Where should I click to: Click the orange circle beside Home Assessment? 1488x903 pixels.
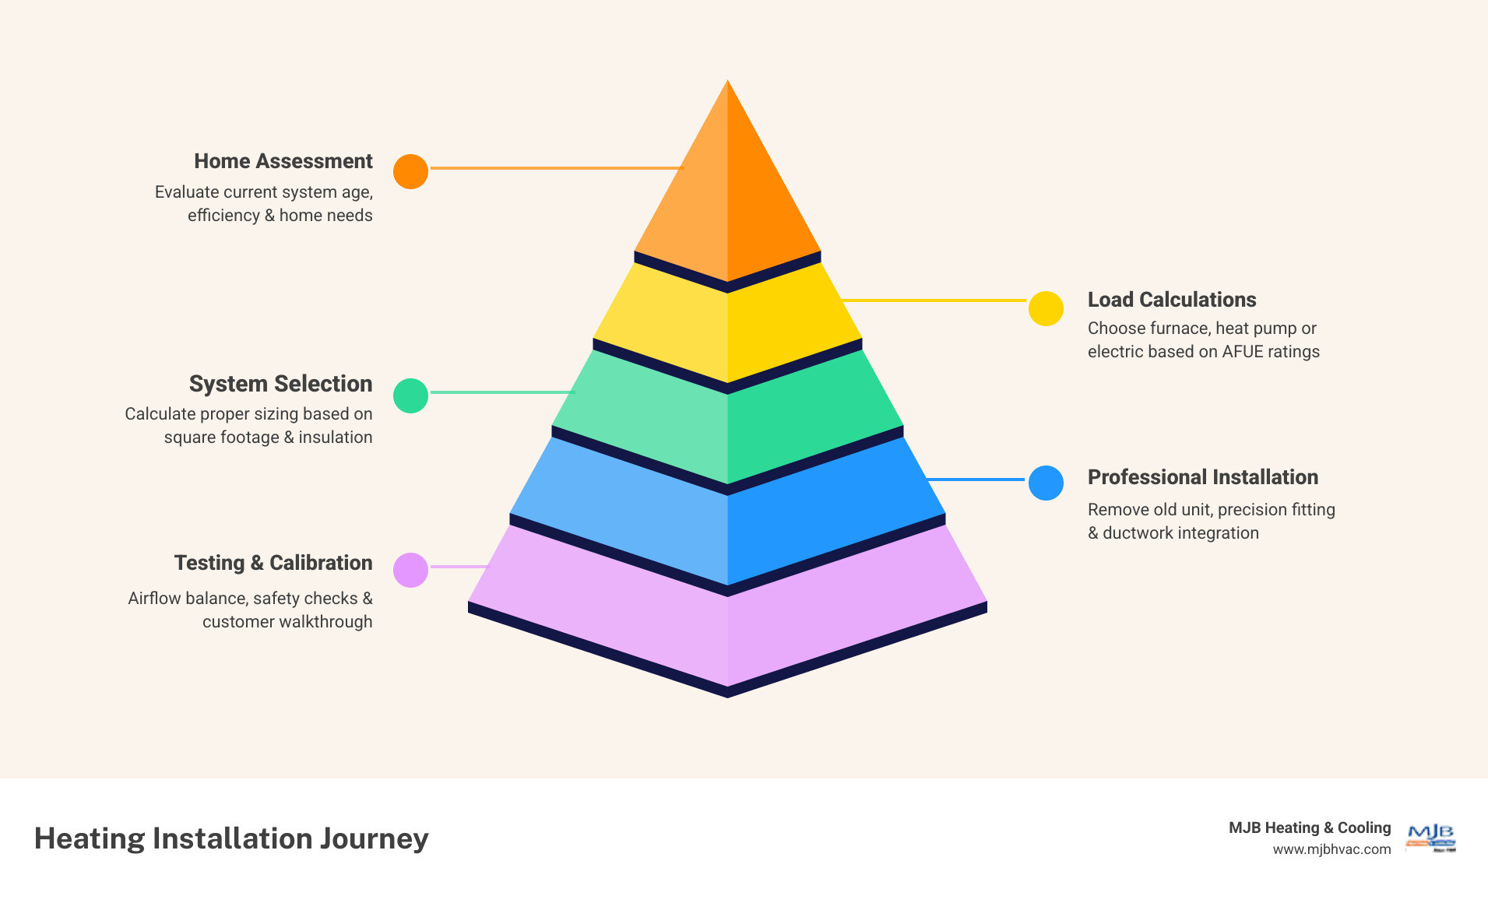(x=410, y=171)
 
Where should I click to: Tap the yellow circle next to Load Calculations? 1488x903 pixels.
(x=1046, y=309)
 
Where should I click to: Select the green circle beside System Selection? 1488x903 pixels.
(x=410, y=395)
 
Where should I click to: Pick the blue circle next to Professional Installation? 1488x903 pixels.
(x=1046, y=483)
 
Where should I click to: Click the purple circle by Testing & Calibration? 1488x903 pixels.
(x=410, y=570)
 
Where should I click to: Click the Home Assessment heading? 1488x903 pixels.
(x=283, y=161)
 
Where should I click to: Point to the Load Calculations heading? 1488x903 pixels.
(x=1171, y=300)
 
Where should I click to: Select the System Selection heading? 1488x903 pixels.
(x=280, y=384)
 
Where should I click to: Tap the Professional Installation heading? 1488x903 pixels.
(x=1202, y=477)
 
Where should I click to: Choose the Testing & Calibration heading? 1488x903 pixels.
(x=273, y=563)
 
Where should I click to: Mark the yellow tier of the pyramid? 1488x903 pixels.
(x=727, y=327)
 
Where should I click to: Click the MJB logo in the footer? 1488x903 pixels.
(x=1430, y=838)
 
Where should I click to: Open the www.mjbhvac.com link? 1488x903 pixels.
(x=1331, y=849)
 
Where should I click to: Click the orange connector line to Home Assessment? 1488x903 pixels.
(x=557, y=167)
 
